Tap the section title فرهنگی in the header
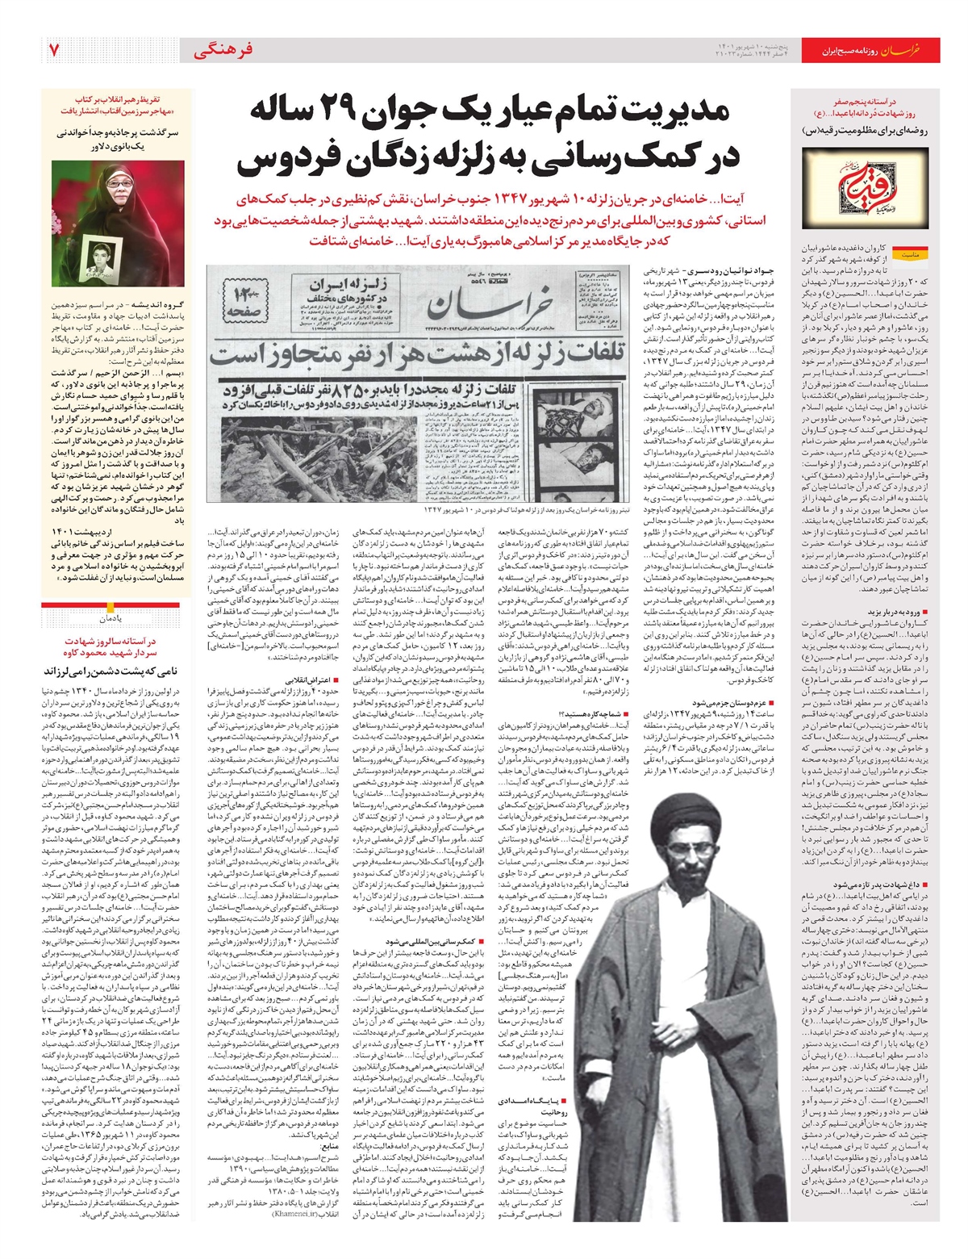coord(223,50)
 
